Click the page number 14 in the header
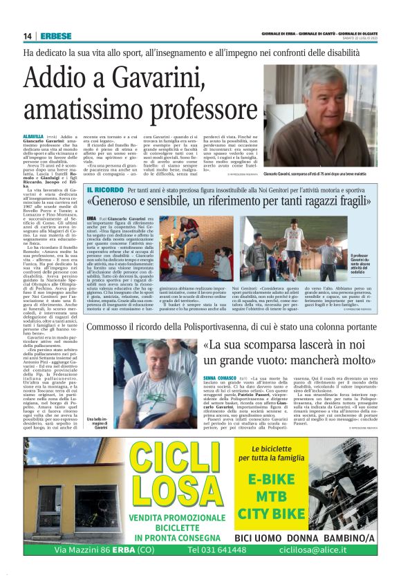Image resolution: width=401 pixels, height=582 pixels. coord(27,36)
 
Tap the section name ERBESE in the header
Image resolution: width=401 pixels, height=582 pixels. coord(54,36)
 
